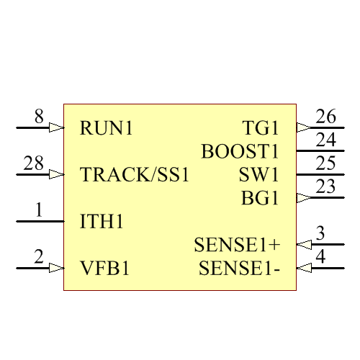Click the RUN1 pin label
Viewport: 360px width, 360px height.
(107, 128)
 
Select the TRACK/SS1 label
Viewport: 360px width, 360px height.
(135, 175)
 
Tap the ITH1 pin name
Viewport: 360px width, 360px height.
(102, 222)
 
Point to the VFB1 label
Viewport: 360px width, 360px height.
(104, 269)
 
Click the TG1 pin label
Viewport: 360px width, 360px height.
(261, 128)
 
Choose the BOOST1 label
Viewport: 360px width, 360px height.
(240, 152)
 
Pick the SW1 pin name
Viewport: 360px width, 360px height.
(258, 175)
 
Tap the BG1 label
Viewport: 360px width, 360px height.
(260, 198)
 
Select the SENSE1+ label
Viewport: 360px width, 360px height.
(237, 245)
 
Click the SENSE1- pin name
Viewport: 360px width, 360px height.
(239, 269)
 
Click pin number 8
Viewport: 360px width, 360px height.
(39, 116)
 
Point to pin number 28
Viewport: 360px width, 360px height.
(34, 163)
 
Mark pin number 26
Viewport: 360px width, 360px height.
(325, 116)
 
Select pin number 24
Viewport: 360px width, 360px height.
(325, 140)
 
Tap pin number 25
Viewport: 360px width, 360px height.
(325, 163)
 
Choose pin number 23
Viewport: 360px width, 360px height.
(325, 186)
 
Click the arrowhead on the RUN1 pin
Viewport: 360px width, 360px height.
(56, 127)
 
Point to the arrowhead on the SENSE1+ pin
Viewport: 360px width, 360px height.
(304, 245)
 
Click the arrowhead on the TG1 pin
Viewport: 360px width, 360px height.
(304, 127)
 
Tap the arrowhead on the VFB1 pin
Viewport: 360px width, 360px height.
(56, 268)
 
